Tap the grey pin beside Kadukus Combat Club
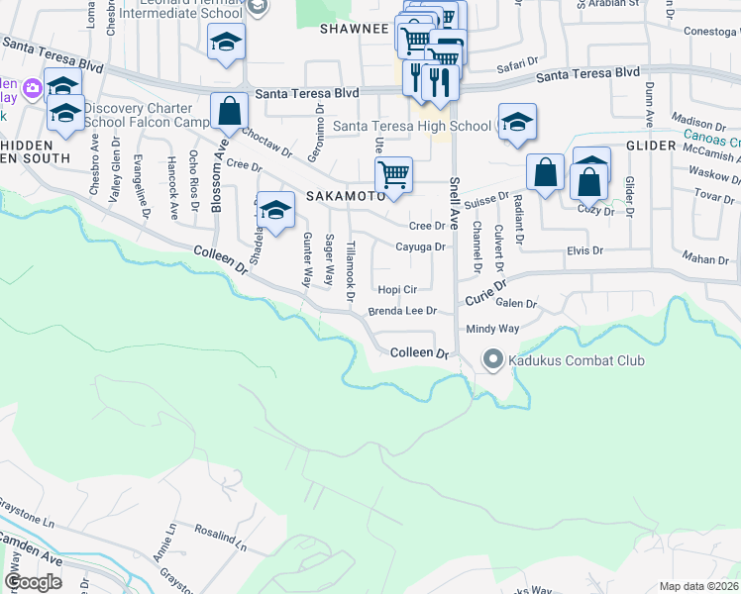[492, 360]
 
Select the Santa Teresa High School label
[411, 126]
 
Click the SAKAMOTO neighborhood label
[345, 196]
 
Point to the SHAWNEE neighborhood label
[354, 29]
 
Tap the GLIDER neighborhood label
[650, 146]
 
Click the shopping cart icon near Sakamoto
[393, 174]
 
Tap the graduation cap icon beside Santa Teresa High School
[516, 122]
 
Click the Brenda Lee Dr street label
[402, 311]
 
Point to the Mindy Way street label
[492, 328]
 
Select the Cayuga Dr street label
[421, 247]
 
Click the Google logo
[34, 581]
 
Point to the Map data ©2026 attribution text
[698, 586]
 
